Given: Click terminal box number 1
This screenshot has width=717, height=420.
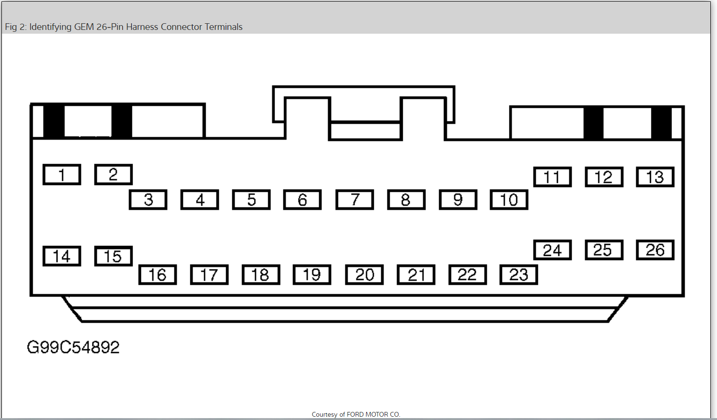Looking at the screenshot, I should [x=62, y=175].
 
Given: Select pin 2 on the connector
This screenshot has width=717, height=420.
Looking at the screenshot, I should [x=113, y=175].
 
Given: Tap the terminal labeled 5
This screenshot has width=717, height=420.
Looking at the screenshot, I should [x=251, y=200].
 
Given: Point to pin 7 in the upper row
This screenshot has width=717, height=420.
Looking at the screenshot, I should [x=355, y=200].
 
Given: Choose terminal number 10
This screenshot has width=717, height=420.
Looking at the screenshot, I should [x=509, y=200].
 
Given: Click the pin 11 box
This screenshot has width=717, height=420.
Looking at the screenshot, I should [x=552, y=177].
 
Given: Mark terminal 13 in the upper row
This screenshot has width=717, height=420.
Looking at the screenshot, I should [x=655, y=177].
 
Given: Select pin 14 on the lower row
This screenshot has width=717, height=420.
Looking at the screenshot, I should [x=62, y=256].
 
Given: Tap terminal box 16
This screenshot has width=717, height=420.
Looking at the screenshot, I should [x=158, y=275].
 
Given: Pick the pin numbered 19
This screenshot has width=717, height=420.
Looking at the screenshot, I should [x=312, y=275].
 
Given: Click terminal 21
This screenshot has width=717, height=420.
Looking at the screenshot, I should [x=416, y=275].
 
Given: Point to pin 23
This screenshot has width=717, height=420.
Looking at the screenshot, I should [x=519, y=275].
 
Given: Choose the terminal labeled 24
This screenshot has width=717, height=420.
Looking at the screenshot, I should [x=552, y=250].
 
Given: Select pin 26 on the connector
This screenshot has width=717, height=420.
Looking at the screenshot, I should [x=655, y=250].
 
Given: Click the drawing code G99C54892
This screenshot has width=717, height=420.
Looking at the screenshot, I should [x=73, y=347].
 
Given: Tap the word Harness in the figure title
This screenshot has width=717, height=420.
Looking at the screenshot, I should [x=142, y=27].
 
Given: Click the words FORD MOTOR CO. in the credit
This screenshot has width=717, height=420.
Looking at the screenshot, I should [x=373, y=414].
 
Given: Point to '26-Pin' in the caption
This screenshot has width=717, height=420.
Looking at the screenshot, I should [x=110, y=27].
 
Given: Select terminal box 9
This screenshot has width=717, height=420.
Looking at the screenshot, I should [x=458, y=200].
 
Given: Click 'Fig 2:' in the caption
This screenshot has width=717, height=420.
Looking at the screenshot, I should [x=15, y=27].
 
